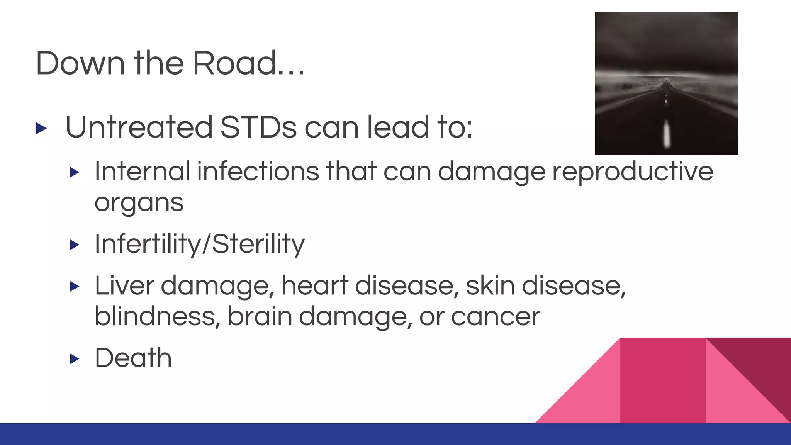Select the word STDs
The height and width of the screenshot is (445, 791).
click(258, 127)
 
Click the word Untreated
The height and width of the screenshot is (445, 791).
click(139, 127)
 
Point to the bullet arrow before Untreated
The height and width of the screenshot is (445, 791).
click(41, 128)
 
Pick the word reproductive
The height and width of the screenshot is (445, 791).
click(632, 172)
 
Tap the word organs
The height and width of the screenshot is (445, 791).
click(139, 203)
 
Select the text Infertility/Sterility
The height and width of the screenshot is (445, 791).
click(200, 244)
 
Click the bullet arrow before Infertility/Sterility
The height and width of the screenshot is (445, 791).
click(75, 245)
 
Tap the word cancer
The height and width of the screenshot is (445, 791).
click(495, 317)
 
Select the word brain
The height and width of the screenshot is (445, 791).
click(260, 316)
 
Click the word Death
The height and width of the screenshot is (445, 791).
click(133, 358)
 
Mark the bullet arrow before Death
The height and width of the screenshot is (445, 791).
click(75, 359)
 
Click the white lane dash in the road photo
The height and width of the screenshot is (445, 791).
click(666, 133)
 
